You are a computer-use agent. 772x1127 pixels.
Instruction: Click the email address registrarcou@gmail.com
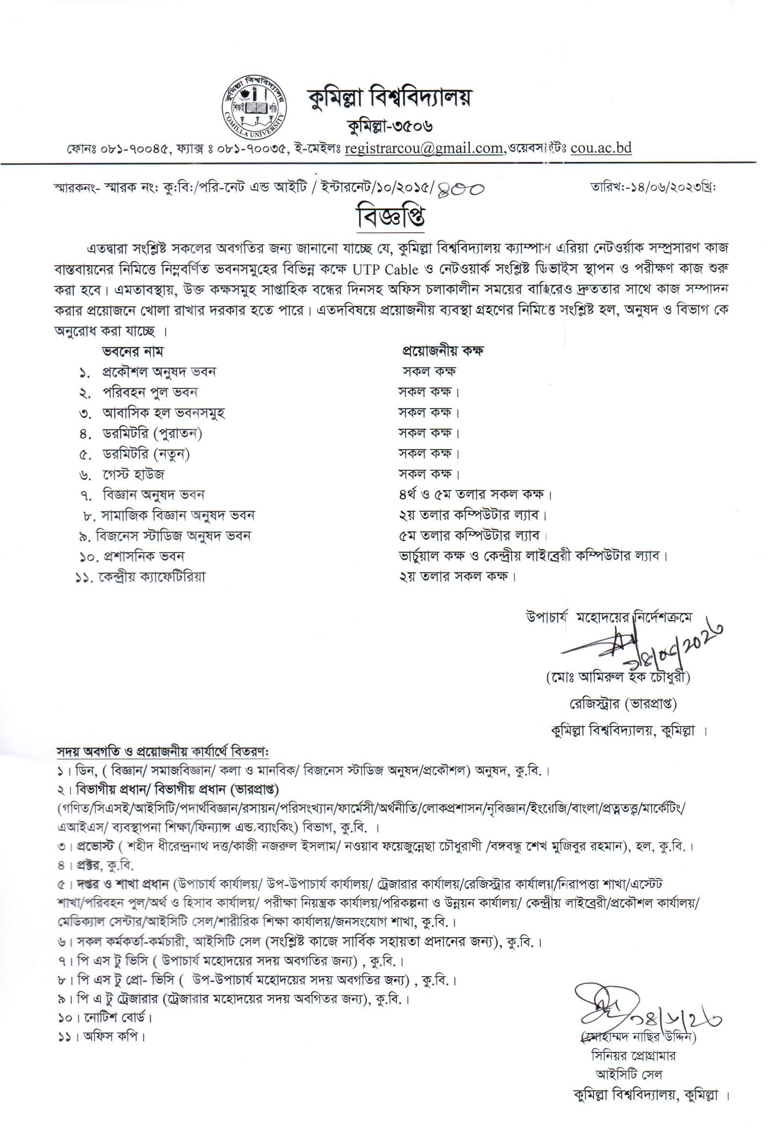423,147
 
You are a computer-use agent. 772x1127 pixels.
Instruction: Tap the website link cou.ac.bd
601,147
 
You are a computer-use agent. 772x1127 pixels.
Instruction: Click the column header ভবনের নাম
133,351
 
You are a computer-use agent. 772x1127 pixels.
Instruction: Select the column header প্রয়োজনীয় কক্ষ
442,351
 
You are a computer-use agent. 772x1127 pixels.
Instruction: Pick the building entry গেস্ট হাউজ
133,474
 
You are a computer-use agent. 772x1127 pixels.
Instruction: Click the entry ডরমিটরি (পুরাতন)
152,433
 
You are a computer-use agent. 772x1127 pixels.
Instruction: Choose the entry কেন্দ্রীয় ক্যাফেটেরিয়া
152,577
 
